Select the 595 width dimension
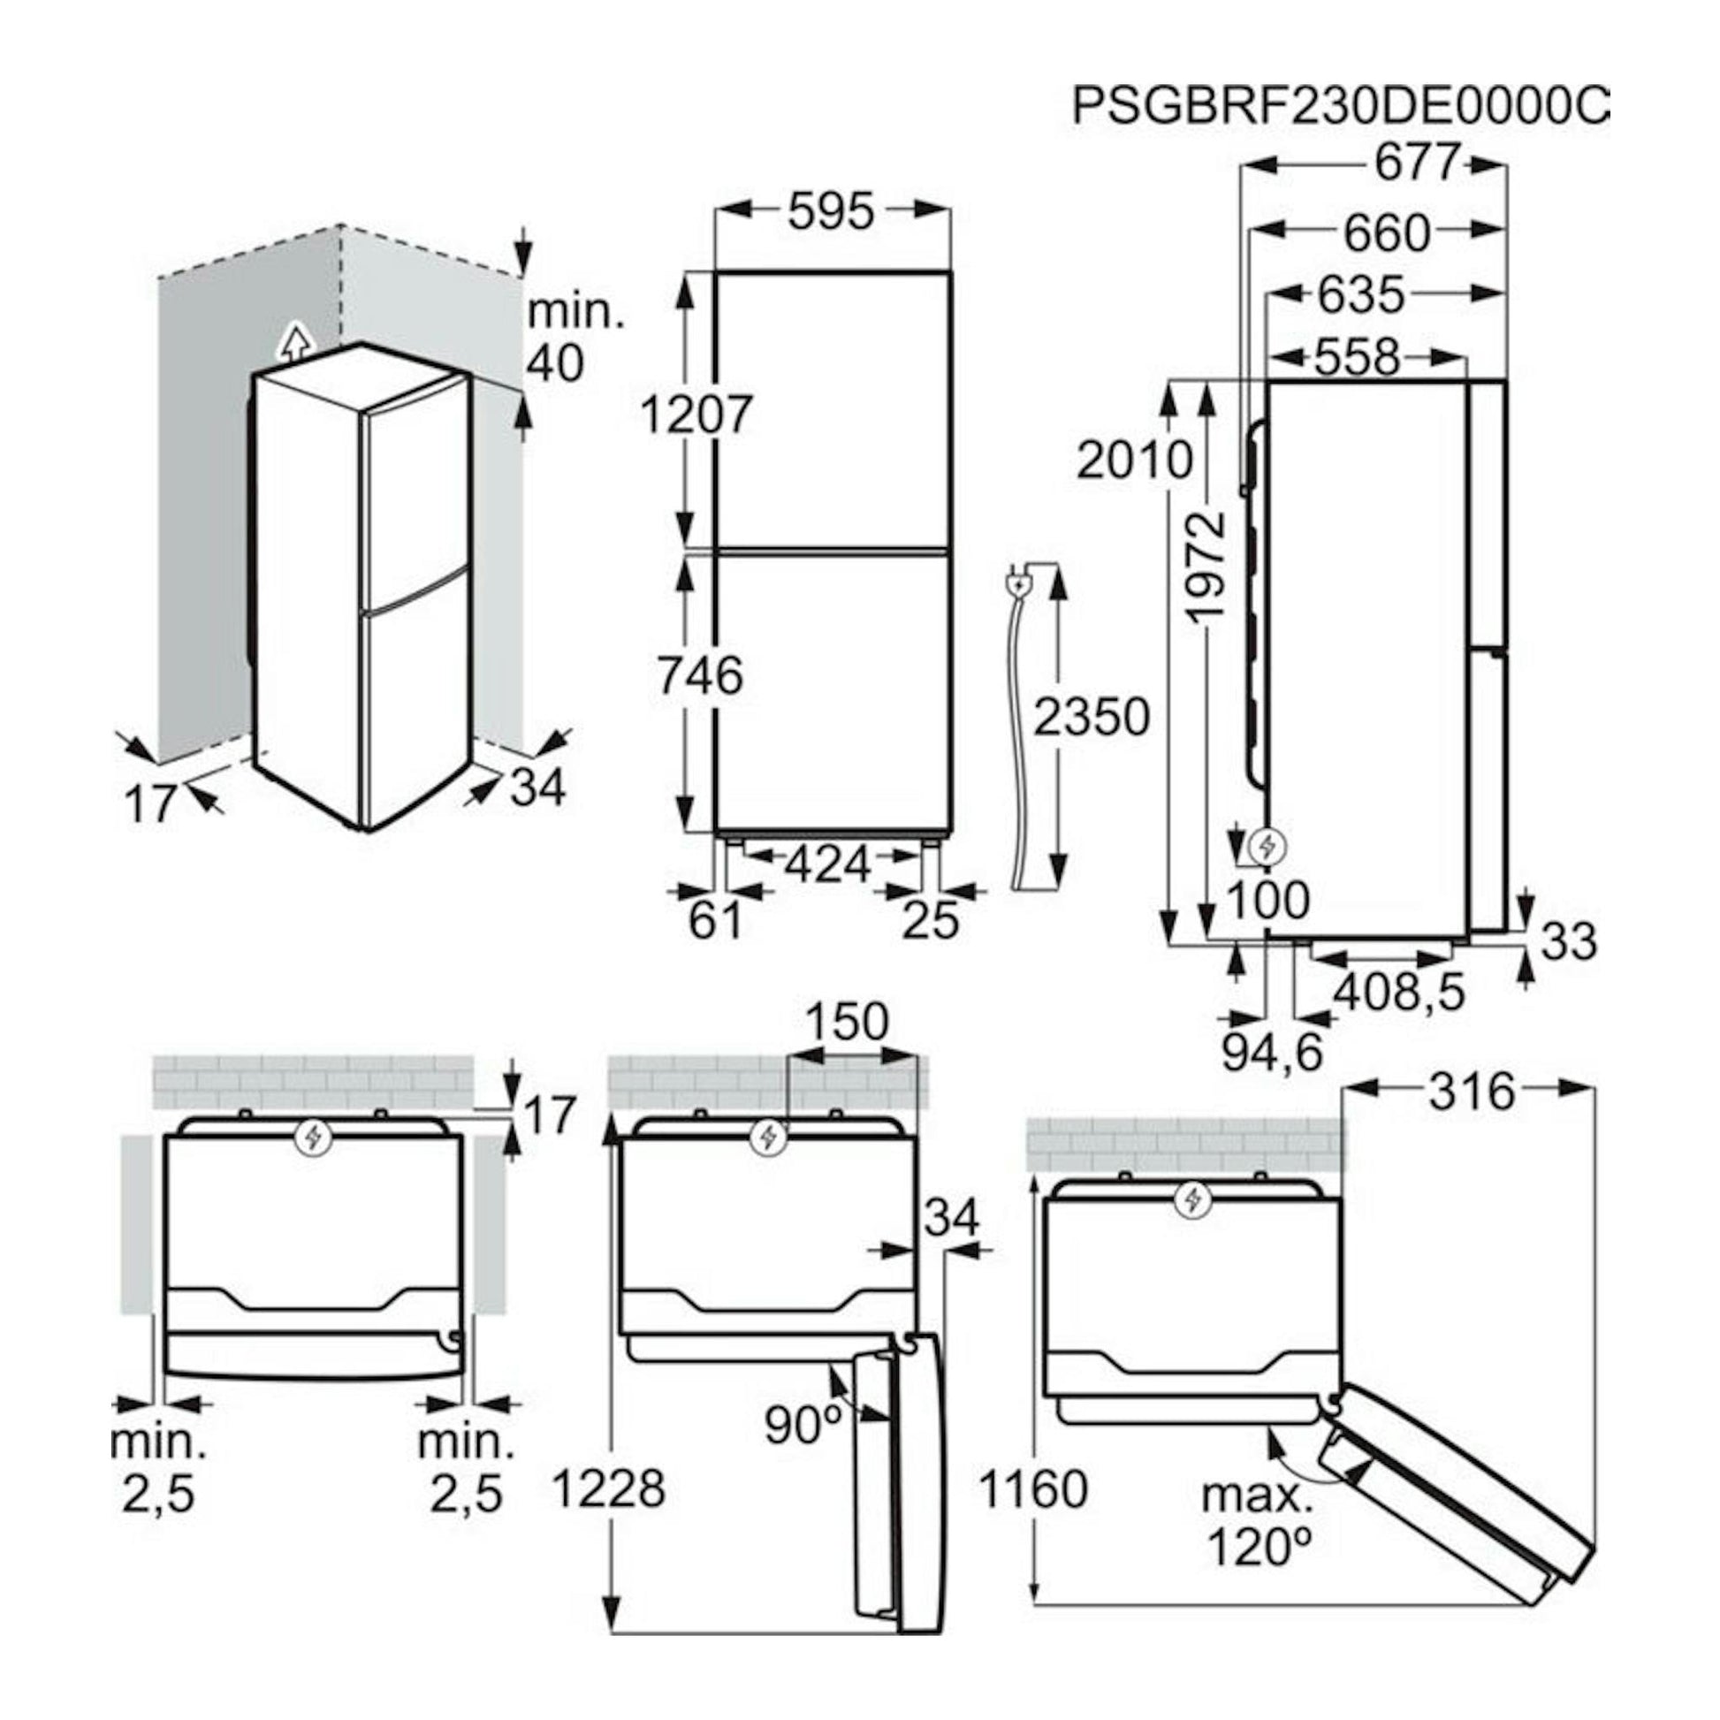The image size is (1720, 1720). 832,212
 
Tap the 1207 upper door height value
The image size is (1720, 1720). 697,414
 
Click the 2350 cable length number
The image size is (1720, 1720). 1092,717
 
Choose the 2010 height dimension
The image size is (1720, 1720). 1135,460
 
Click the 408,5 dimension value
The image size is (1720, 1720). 1398,992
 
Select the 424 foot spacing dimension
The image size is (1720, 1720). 829,864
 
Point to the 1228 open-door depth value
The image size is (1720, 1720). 608,1488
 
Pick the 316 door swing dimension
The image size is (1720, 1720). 1473,1092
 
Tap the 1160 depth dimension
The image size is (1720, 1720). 1033,1488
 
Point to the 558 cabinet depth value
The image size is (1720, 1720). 1358,357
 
